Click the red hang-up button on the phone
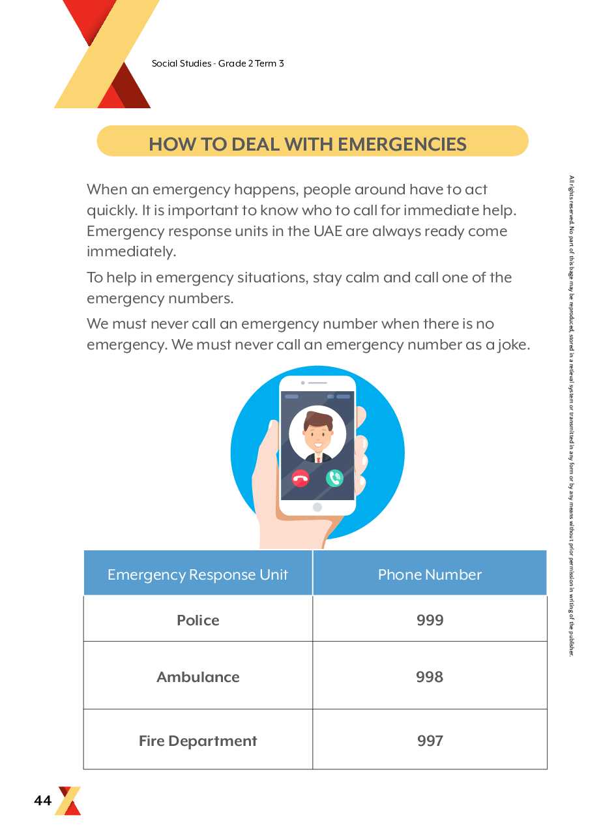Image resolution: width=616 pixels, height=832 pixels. click(301, 478)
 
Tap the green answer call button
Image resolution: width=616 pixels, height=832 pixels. click(334, 478)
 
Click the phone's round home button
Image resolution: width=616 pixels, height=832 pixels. click(317, 507)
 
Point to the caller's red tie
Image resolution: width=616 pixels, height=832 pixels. click(318, 459)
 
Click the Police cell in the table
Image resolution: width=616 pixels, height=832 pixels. click(198, 620)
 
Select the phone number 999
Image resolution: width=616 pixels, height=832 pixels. click(430, 620)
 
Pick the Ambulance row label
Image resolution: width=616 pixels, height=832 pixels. click(198, 677)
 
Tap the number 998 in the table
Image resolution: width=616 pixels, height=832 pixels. click(430, 677)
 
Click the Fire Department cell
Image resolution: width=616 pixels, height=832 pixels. click(198, 741)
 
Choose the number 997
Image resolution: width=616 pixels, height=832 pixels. click(430, 741)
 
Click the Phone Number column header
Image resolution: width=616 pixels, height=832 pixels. click(430, 574)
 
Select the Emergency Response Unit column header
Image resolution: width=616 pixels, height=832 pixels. click(198, 574)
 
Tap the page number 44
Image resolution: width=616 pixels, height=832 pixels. click(42, 801)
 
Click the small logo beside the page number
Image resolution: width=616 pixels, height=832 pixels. click(69, 801)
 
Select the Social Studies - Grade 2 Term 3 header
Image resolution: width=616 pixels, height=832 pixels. click(218, 63)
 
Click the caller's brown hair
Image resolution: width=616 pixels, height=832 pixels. click(318, 419)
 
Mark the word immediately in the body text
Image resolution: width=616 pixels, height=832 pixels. click(131, 252)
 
